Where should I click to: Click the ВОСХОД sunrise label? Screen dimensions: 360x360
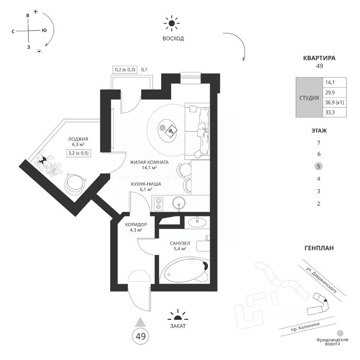pyautogui.click(x=173, y=39)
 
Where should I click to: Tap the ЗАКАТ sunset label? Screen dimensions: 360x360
pyautogui.click(x=177, y=326)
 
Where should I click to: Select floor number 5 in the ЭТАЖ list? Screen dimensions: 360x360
pyautogui.click(x=318, y=166)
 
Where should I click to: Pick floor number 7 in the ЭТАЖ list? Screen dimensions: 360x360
pyautogui.click(x=318, y=143)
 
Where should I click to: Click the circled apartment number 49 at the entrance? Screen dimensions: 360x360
pyautogui.click(x=140, y=336)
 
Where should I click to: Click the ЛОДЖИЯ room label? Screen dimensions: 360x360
pyautogui.click(x=78, y=139)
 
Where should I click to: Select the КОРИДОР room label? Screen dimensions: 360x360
pyautogui.click(x=136, y=225)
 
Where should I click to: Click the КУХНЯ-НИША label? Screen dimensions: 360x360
pyautogui.click(x=147, y=184)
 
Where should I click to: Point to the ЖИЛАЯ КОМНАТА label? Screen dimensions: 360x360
pyautogui.click(x=149, y=162)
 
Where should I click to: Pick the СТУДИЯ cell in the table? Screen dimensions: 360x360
pyautogui.click(x=309, y=97)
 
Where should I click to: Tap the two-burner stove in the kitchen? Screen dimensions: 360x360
pyautogui.click(x=159, y=203)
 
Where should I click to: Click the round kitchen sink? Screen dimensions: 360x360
pyautogui.click(x=179, y=203)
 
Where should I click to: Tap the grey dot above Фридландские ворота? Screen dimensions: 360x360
pyautogui.click(x=340, y=333)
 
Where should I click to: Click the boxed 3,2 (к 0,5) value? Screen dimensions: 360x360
pyautogui.click(x=79, y=153)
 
